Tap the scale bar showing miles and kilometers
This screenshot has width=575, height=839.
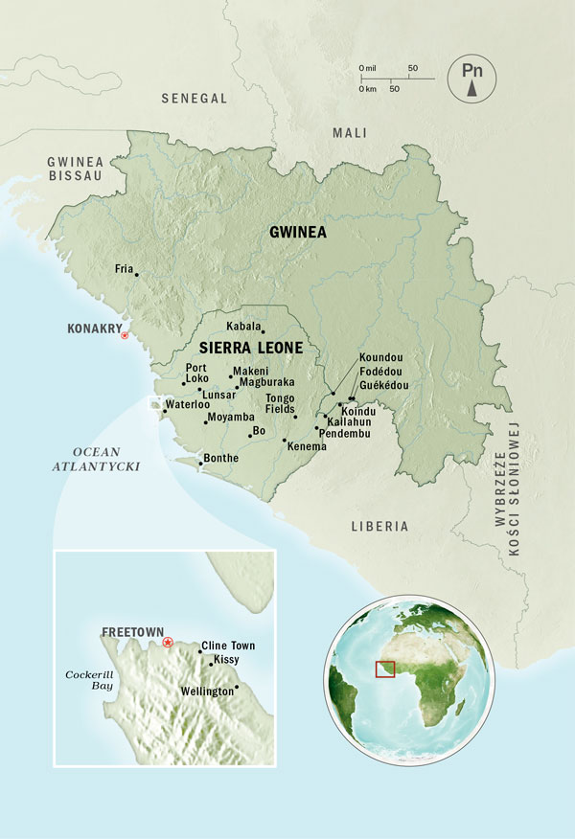click(x=387, y=78)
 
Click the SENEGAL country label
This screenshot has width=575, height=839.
click(x=195, y=99)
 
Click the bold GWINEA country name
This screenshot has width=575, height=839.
click(x=298, y=232)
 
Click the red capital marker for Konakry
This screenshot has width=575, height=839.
click(x=124, y=335)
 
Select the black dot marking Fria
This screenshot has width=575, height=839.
click(x=137, y=275)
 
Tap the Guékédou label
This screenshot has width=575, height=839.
click(x=383, y=385)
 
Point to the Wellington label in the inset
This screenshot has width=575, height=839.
click(x=207, y=692)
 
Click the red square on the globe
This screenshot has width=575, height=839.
click(x=384, y=669)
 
